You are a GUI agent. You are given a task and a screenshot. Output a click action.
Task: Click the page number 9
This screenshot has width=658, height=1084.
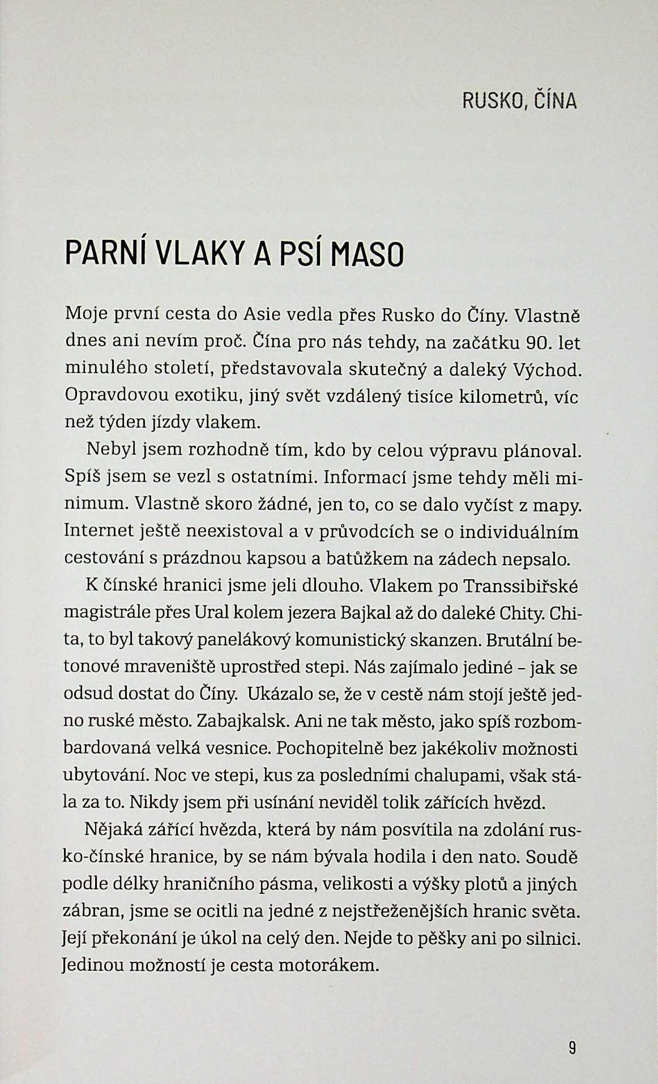571,1048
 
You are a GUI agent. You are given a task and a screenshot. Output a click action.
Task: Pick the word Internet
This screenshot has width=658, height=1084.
99,532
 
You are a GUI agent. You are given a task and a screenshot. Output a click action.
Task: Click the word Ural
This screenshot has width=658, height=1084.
211,613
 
